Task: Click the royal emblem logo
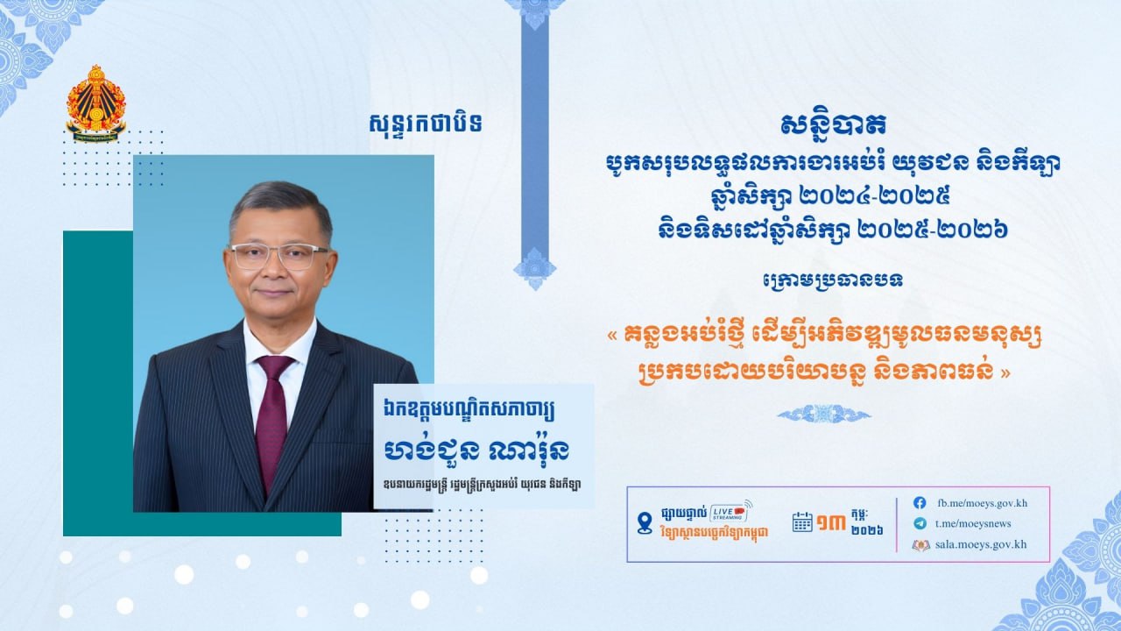(95, 103)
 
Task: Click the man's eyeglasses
(279, 256)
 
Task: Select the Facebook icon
(920, 503)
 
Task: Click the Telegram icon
(920, 523)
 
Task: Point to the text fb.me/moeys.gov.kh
(982, 503)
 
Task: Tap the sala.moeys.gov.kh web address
(981, 544)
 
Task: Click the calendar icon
(802, 521)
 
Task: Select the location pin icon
(645, 523)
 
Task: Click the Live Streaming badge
(730, 512)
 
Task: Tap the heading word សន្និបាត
(833, 125)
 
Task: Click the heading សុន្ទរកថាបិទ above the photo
(425, 124)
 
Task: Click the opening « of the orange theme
(613, 336)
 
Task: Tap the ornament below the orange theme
(824, 415)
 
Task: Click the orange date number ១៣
(831, 523)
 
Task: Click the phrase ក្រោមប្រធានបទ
(833, 280)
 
